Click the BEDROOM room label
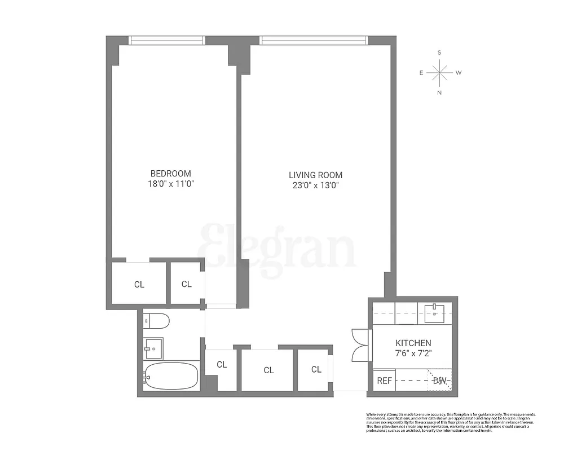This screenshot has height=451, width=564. tap(170, 174)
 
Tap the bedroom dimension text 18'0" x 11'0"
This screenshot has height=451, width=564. tap(170, 184)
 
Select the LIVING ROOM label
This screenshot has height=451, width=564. tap(315, 175)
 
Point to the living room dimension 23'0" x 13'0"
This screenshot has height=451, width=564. tap(315, 185)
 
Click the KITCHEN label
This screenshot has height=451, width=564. tap(413, 343)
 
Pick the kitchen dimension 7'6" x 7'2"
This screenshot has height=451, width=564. tap(413, 353)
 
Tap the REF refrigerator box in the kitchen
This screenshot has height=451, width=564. tap(384, 381)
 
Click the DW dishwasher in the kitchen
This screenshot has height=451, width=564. tap(439, 381)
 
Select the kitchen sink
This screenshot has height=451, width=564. tap(435, 312)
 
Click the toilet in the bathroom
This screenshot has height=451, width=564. tap(156, 321)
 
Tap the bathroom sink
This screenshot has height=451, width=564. tap(153, 348)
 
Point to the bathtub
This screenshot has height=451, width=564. tap(170, 376)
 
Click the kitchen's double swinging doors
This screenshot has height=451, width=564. tap(360, 345)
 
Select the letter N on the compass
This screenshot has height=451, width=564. tap(439, 92)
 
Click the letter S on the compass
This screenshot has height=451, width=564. tap(439, 52)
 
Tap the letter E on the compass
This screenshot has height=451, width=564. tap(421, 73)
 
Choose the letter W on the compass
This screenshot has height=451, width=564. tap(459, 73)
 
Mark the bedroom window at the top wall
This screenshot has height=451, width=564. tap(166, 40)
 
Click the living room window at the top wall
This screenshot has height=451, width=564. tap(314, 40)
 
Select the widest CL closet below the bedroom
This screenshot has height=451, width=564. tap(139, 284)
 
